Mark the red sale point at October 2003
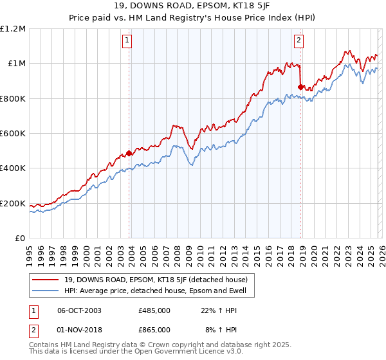(x=129, y=153)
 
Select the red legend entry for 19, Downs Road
(x=154, y=280)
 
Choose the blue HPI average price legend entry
(x=154, y=291)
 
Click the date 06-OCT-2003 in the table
(x=79, y=310)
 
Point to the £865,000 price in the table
(x=154, y=329)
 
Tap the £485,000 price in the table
(x=154, y=310)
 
